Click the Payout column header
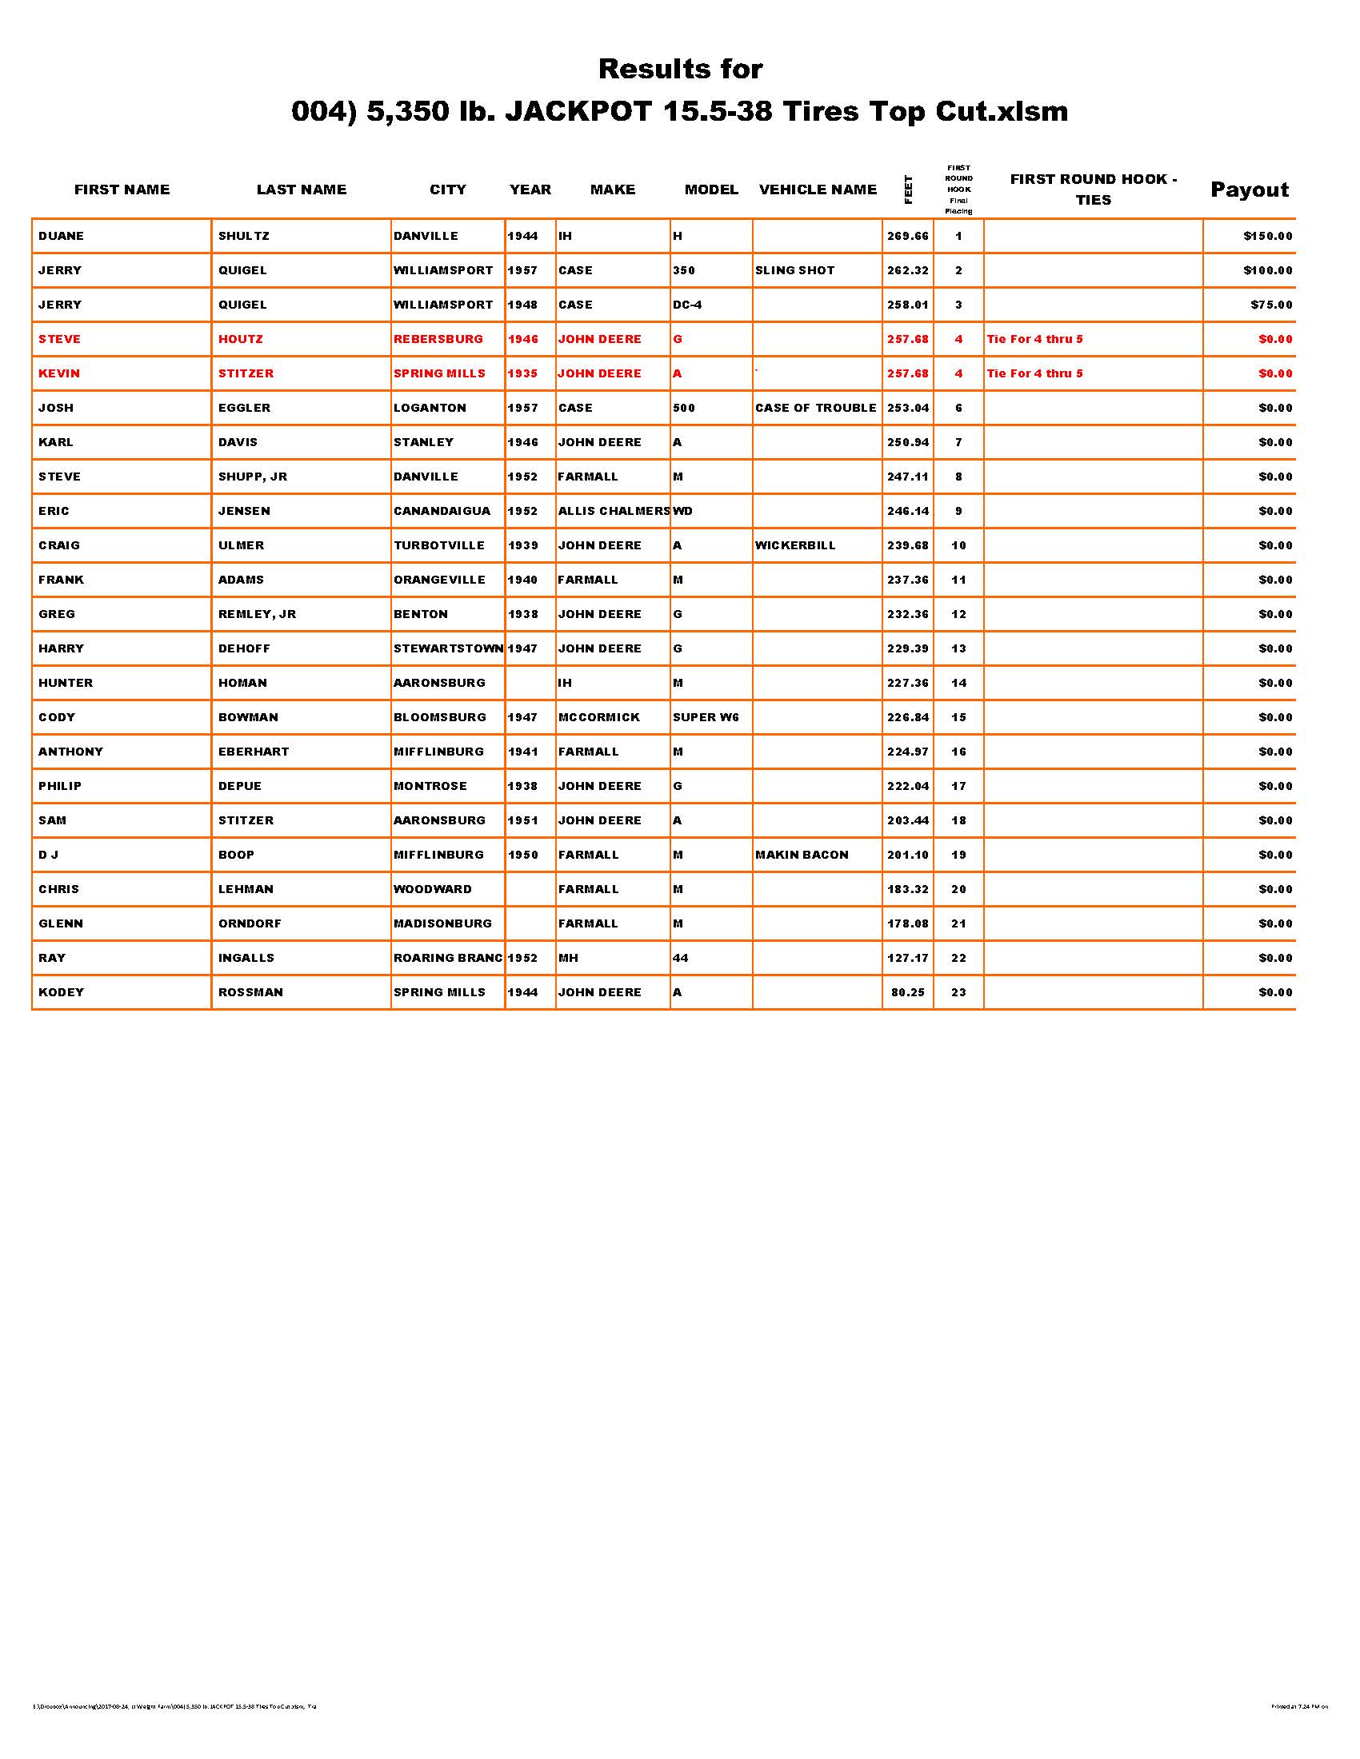(x=1249, y=190)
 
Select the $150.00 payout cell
(x=1267, y=236)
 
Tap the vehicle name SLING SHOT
(x=794, y=270)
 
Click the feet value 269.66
(x=907, y=236)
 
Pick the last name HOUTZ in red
(x=240, y=339)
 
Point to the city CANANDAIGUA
(x=442, y=512)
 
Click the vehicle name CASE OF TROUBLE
(x=815, y=409)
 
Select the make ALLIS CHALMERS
(x=613, y=512)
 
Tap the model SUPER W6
(x=705, y=718)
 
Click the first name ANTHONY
(x=71, y=752)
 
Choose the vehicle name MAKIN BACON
(x=802, y=856)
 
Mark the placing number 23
(x=958, y=993)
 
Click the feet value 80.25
(x=907, y=993)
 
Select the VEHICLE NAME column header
(x=817, y=190)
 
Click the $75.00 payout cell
(x=1270, y=305)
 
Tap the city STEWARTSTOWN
(x=448, y=649)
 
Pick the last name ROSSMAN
(x=250, y=993)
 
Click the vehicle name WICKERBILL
(x=795, y=546)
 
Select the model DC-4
(x=687, y=305)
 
